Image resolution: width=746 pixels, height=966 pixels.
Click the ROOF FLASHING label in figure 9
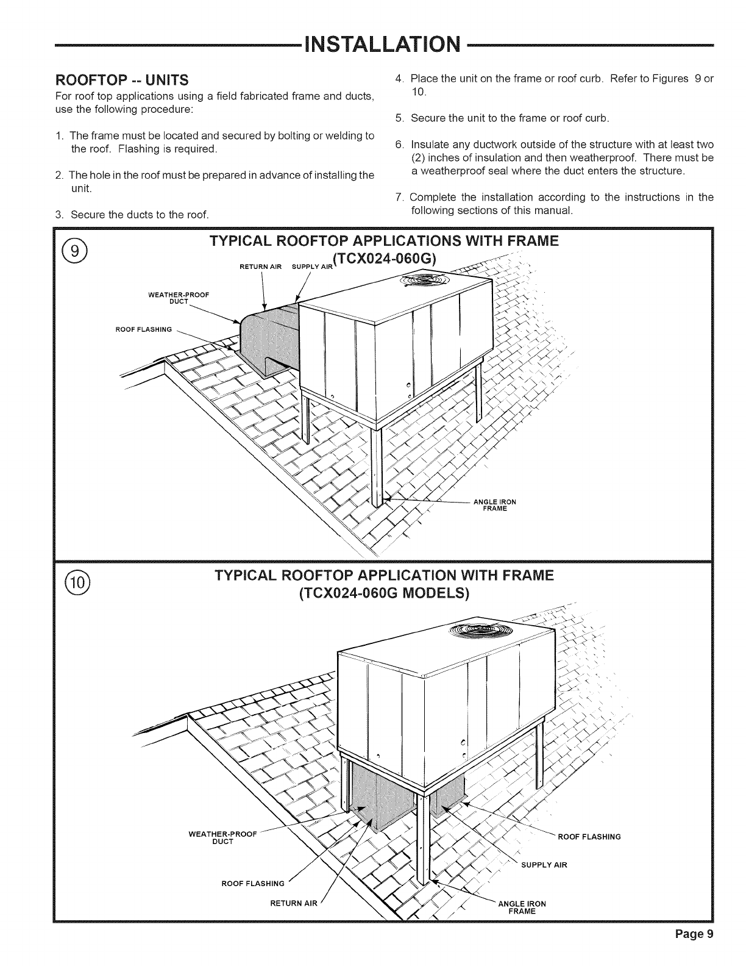click(x=144, y=330)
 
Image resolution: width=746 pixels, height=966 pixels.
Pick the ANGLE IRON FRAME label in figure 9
click(x=494, y=505)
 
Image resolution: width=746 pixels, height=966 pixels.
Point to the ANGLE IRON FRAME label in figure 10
click(x=522, y=907)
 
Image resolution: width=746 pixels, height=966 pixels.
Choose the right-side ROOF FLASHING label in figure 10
click(x=589, y=837)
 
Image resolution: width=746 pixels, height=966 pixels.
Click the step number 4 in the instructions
click(x=399, y=79)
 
